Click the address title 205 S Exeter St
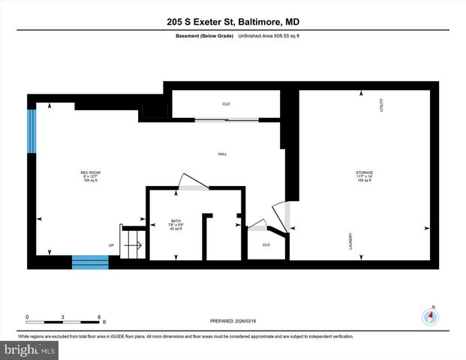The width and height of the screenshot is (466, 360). point(233,22)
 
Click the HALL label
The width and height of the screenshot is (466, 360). point(222,154)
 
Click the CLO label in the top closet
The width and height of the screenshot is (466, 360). point(225,103)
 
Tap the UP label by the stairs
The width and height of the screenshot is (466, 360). point(111,244)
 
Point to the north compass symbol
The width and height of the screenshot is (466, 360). point(430,316)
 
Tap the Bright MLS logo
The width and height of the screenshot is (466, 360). point(29,349)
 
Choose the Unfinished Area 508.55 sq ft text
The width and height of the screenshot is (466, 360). point(271,36)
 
